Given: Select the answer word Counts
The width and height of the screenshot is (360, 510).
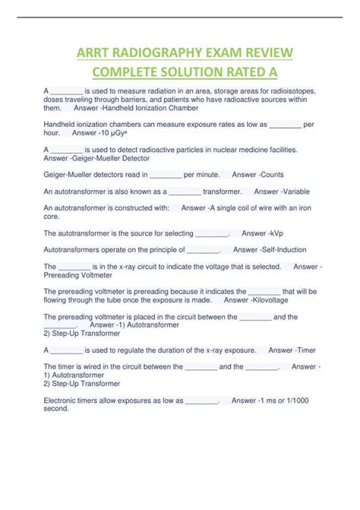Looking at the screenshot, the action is (x=268, y=175).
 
